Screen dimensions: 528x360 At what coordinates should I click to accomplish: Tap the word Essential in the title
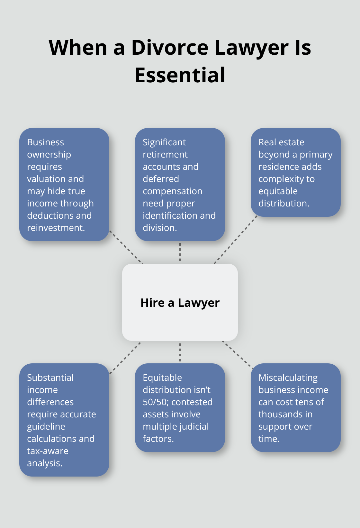click(180, 75)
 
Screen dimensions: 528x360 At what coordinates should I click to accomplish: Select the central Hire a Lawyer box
click(180, 302)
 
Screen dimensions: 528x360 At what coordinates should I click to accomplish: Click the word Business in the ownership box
click(45, 142)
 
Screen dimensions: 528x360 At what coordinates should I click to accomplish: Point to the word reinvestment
click(56, 228)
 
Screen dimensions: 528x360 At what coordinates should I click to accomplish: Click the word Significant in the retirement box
click(164, 142)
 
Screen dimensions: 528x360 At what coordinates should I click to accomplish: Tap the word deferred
click(161, 179)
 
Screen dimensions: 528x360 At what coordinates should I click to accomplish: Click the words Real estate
click(281, 142)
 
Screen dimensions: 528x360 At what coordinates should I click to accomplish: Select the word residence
click(277, 167)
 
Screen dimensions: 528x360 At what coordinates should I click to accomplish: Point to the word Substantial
click(50, 378)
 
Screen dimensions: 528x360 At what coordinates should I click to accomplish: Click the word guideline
click(46, 426)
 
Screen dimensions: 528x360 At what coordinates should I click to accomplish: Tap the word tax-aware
click(48, 451)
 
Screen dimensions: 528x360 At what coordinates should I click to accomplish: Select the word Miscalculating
click(288, 378)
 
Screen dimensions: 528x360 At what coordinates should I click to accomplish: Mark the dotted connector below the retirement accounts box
click(180, 252)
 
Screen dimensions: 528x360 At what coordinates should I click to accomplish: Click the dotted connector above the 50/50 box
click(180, 352)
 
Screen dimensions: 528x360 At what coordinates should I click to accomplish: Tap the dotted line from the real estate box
click(236, 240)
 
